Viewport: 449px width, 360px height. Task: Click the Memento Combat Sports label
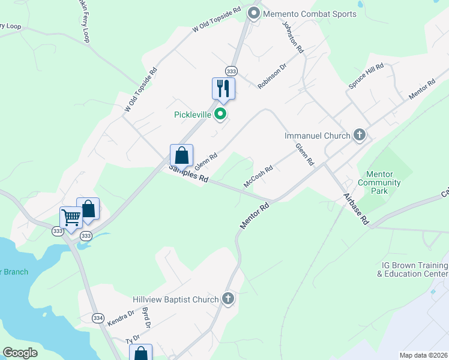(x=310, y=14)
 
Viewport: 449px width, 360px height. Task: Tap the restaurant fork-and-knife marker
(x=223, y=88)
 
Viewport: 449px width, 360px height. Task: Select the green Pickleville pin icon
(x=221, y=113)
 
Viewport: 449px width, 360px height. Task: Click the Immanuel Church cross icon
(x=360, y=135)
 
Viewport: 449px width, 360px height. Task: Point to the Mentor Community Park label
(x=379, y=182)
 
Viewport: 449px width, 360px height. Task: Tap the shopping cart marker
(x=71, y=218)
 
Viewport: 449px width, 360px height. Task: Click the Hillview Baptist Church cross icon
(x=228, y=298)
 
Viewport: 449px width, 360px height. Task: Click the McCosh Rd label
(x=258, y=176)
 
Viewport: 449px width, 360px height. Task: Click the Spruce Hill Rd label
(x=366, y=77)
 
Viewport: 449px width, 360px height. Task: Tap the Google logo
(x=20, y=353)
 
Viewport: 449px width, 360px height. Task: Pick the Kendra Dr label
(x=121, y=318)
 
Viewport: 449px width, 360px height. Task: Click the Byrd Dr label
(x=145, y=317)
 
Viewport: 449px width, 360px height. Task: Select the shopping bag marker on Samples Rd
(x=181, y=155)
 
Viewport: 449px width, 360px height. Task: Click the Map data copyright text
(x=423, y=355)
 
